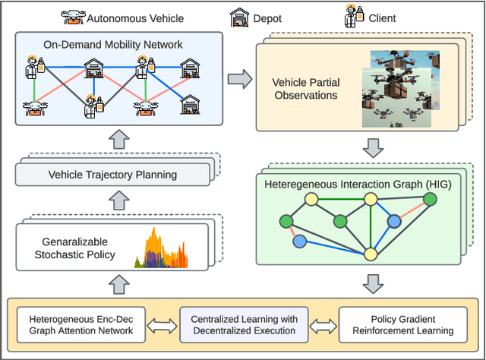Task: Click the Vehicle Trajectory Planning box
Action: tap(112, 175)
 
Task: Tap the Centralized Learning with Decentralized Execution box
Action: tap(244, 324)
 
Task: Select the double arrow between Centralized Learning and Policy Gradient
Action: tap(322, 324)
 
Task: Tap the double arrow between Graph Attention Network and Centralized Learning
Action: tap(162, 324)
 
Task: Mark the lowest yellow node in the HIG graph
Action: tap(371, 254)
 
